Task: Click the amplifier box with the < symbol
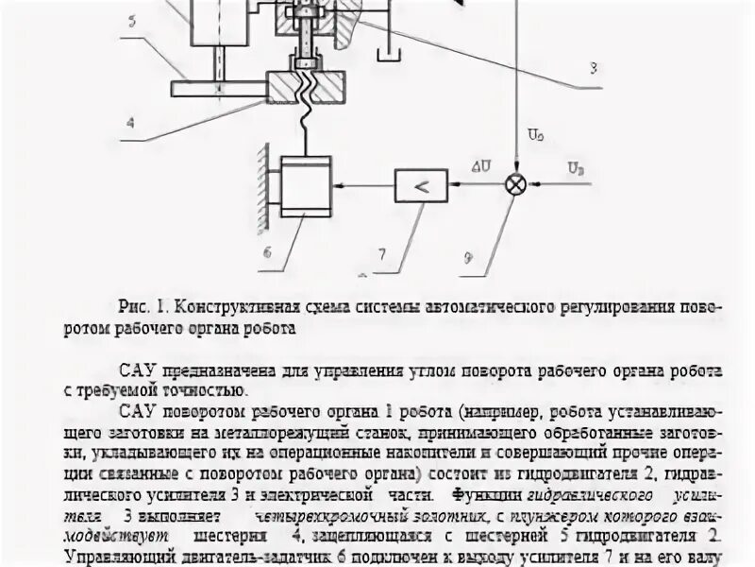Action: point(421,185)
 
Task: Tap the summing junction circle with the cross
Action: point(515,184)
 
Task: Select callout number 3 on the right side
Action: point(593,68)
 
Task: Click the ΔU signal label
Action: point(482,167)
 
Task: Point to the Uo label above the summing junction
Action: point(536,138)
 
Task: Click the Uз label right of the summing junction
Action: point(576,167)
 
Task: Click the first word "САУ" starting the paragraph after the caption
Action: point(140,369)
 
